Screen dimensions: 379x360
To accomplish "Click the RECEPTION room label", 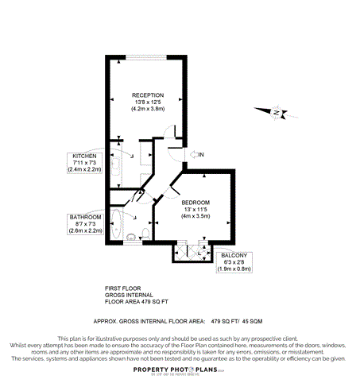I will (148, 95).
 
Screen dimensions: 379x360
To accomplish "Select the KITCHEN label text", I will (84, 156).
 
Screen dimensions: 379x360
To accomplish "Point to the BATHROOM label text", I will (85, 217).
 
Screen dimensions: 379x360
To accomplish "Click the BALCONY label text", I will (234, 255).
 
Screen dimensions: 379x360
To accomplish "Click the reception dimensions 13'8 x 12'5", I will (148, 102).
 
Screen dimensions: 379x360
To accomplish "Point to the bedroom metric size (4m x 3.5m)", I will (196, 216).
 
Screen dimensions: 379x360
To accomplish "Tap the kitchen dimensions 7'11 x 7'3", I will (84, 162).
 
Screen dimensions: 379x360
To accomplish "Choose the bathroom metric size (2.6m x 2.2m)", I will (85, 230).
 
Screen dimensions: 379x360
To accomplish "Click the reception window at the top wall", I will (145, 57).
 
